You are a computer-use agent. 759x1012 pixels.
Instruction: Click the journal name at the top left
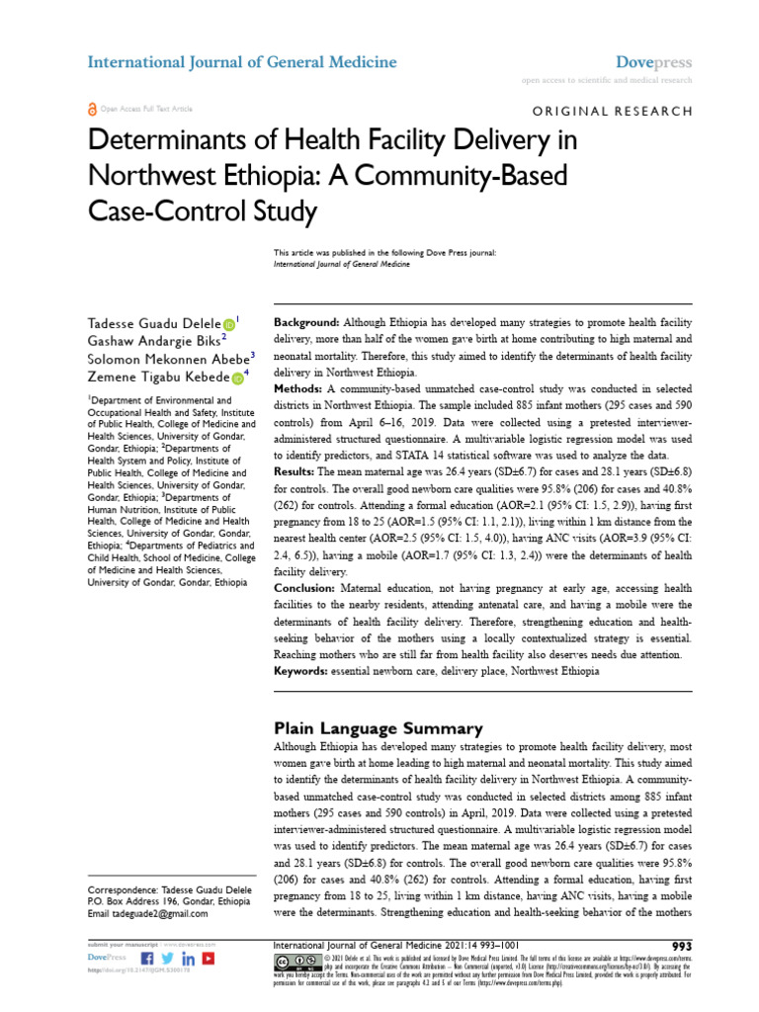click(x=242, y=62)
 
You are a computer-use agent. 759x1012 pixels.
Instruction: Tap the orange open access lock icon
click(x=93, y=109)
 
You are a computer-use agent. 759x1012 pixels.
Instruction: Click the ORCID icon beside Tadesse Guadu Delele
click(x=229, y=323)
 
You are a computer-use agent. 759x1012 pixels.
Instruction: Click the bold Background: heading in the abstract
click(x=306, y=323)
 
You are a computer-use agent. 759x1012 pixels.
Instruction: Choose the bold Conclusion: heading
click(x=309, y=588)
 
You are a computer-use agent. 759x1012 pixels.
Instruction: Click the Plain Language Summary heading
click(x=378, y=728)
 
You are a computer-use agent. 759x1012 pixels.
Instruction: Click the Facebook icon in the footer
click(x=148, y=959)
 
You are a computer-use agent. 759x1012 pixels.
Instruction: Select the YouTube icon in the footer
click(x=209, y=959)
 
